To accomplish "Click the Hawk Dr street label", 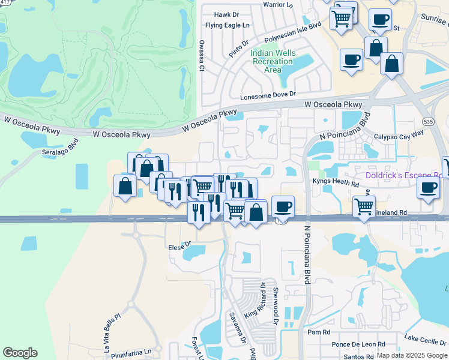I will (226, 14).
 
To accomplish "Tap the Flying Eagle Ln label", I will (227, 25).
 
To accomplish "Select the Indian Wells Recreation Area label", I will (273, 61).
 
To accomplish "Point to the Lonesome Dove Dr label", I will (268, 95).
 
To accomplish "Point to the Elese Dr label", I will (179, 245).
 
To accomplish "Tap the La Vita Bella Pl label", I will (113, 325).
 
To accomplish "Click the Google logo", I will (20, 353).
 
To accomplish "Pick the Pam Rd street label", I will (318, 332).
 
